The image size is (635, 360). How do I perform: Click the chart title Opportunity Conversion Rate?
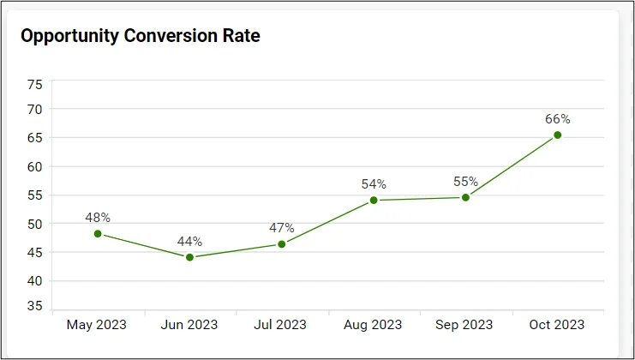pos(140,36)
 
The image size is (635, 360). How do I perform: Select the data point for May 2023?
pos(98,234)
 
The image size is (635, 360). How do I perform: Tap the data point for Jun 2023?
pos(189,257)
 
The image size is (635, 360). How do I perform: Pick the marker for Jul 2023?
pos(281,244)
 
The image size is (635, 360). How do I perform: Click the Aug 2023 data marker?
pos(374,201)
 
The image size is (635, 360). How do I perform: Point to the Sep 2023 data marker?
pos(465,197)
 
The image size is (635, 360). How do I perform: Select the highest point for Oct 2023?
pos(557,135)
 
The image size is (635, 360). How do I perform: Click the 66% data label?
pos(557,119)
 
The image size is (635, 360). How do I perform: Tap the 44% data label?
pos(189,241)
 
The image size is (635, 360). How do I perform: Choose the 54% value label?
pos(374,184)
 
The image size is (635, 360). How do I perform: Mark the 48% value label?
pos(98,218)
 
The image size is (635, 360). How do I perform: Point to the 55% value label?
pos(465,182)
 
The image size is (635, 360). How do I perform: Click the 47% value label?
pos(281,228)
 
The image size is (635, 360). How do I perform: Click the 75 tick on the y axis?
pos(34,84)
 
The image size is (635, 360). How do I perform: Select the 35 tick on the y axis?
pos(34,306)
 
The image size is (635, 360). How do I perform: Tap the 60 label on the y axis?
pos(34,166)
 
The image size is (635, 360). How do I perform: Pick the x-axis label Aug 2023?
pos(374,325)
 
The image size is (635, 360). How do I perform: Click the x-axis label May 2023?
pos(98,325)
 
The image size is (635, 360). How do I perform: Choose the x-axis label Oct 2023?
pos(557,325)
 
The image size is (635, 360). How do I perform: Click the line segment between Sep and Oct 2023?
pos(512,166)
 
